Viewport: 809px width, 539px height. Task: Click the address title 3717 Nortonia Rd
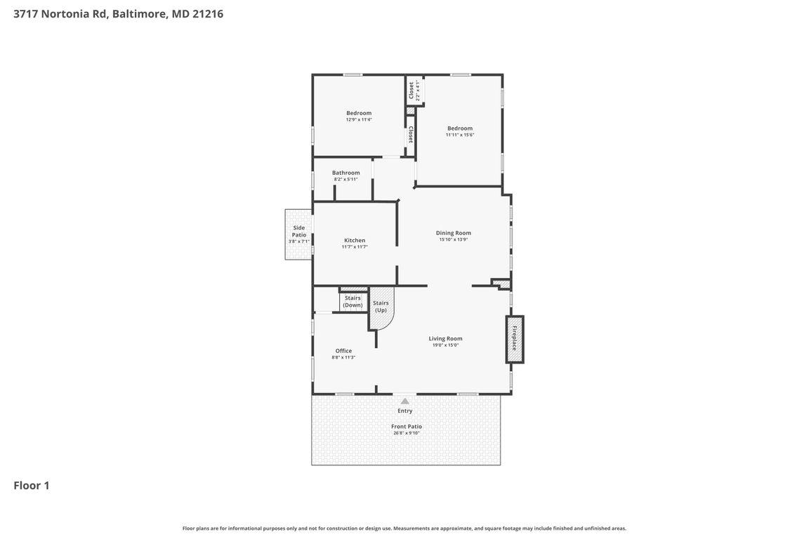pyautogui.click(x=118, y=13)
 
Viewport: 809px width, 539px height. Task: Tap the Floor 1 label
pyautogui.click(x=32, y=485)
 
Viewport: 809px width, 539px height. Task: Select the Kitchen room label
pyautogui.click(x=355, y=240)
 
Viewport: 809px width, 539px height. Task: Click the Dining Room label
pyautogui.click(x=453, y=233)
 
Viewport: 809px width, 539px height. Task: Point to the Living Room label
pyautogui.click(x=445, y=338)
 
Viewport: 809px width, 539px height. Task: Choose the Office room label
pyautogui.click(x=343, y=351)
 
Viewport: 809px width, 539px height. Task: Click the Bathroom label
pyautogui.click(x=346, y=173)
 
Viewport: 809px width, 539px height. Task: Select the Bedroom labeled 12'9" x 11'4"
pyautogui.click(x=359, y=113)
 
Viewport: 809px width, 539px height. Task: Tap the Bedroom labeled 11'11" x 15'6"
pyautogui.click(x=460, y=128)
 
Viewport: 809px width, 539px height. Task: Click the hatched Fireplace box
pyautogui.click(x=515, y=339)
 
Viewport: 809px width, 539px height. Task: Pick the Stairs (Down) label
pyautogui.click(x=353, y=301)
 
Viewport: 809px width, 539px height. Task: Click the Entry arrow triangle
pyautogui.click(x=404, y=401)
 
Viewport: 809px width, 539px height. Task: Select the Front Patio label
pyautogui.click(x=407, y=426)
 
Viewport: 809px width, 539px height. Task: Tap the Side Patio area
pyautogui.click(x=298, y=234)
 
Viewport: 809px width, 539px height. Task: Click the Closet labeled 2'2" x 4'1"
pyautogui.click(x=414, y=90)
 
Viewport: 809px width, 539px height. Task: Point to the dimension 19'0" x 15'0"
pyautogui.click(x=445, y=345)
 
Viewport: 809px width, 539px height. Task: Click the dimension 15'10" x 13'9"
pyautogui.click(x=453, y=240)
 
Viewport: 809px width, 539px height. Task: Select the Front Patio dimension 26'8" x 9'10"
pyautogui.click(x=407, y=433)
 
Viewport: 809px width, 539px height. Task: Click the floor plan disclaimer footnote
pyautogui.click(x=404, y=528)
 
